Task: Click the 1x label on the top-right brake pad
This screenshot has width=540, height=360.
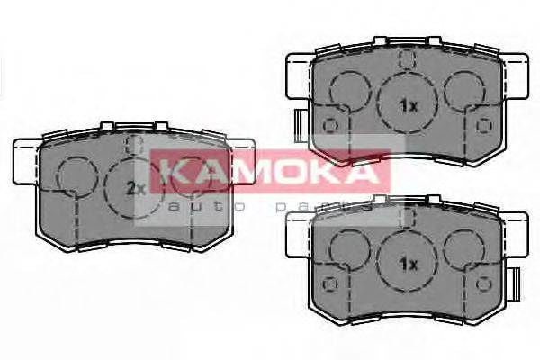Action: pos(409,105)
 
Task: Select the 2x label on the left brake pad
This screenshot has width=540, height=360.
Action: pos(136,188)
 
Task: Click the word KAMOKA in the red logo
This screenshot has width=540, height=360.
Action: pos(271,171)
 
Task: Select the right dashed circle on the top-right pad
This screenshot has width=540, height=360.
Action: pos(465,88)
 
